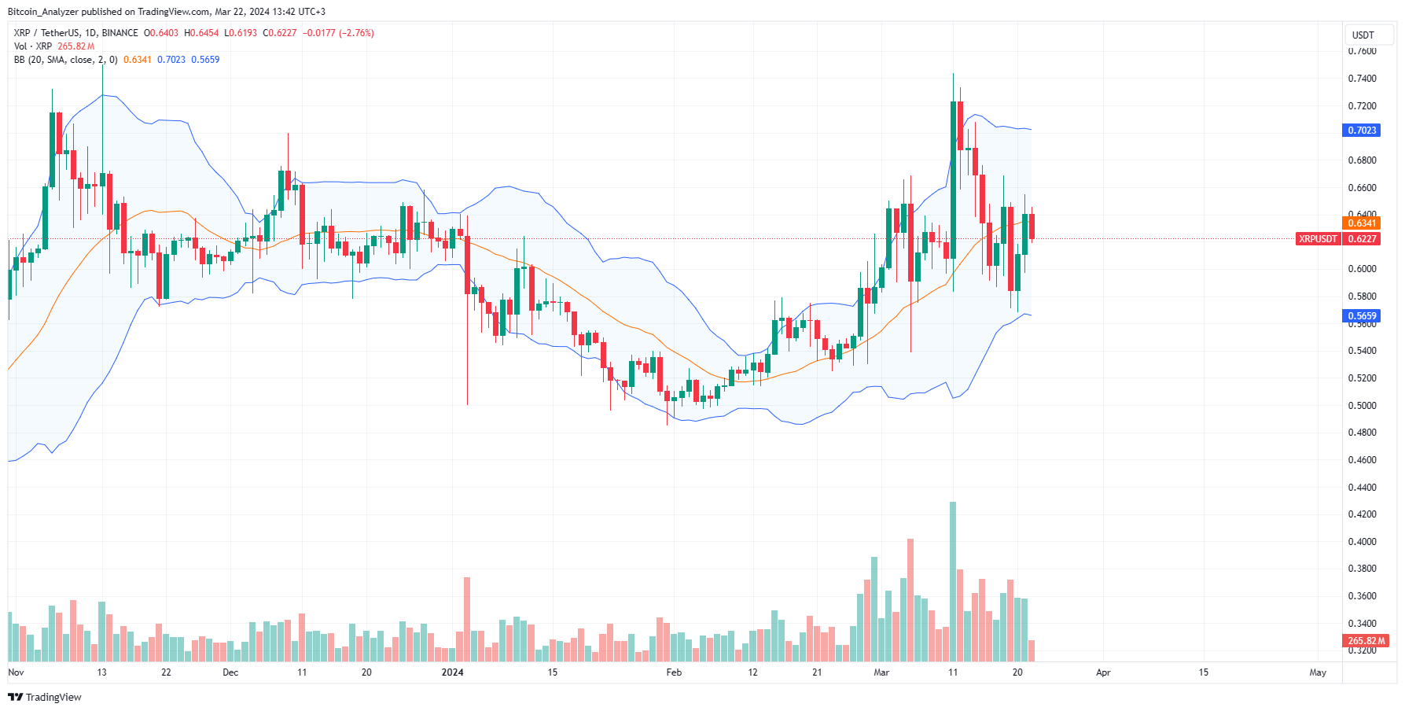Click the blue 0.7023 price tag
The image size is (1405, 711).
click(1362, 131)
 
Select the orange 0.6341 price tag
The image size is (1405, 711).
click(1362, 223)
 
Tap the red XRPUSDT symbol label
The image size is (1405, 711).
click(1318, 239)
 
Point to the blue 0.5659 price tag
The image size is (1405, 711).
click(1362, 316)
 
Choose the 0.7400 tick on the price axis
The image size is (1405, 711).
click(1362, 79)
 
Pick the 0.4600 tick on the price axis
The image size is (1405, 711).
click(1362, 460)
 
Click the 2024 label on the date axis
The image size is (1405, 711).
click(452, 672)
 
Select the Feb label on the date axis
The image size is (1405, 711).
click(674, 672)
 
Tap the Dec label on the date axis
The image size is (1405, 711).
click(230, 672)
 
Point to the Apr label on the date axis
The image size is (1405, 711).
click(1103, 672)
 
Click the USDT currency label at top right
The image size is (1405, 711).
click(1363, 35)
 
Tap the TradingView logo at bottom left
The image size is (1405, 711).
click(45, 698)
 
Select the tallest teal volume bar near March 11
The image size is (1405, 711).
click(953, 582)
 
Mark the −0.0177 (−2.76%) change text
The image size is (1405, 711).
click(338, 33)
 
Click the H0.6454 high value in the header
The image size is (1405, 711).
click(201, 33)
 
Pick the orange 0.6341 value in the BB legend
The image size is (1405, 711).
click(137, 60)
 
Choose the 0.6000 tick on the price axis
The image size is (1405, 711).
click(1362, 269)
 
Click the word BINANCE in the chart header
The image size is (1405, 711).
click(120, 33)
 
